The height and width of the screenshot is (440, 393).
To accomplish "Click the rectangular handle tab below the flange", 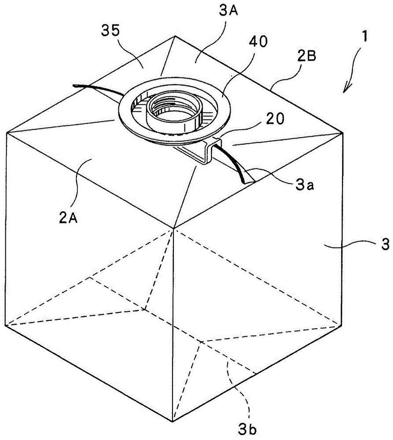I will click(x=195, y=154).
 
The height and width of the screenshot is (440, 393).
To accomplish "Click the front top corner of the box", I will click(x=175, y=228).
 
